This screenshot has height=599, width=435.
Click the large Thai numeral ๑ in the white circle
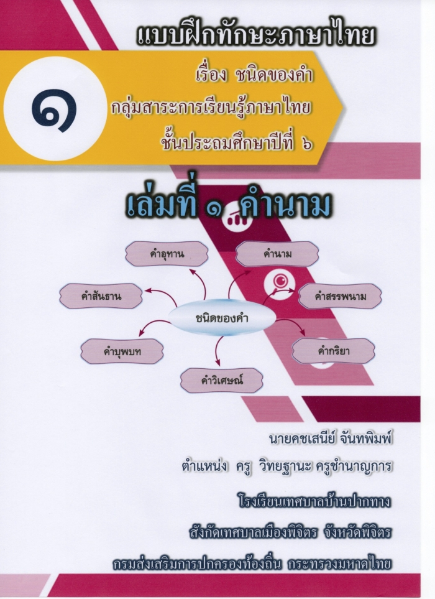coord(54,110)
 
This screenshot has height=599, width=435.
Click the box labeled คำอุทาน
coord(167,254)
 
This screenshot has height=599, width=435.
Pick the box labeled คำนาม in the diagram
coord(277,254)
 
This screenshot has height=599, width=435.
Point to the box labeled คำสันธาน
coord(101,296)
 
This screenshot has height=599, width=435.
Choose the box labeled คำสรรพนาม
coord(340,296)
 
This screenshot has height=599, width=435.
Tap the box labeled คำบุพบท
coord(122,351)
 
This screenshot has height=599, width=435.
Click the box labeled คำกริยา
coord(334,351)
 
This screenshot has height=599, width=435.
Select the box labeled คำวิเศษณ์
coord(222,381)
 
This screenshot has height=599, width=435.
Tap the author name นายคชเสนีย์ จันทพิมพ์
coord(331,439)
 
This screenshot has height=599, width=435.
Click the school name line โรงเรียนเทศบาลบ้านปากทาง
coord(314,501)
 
